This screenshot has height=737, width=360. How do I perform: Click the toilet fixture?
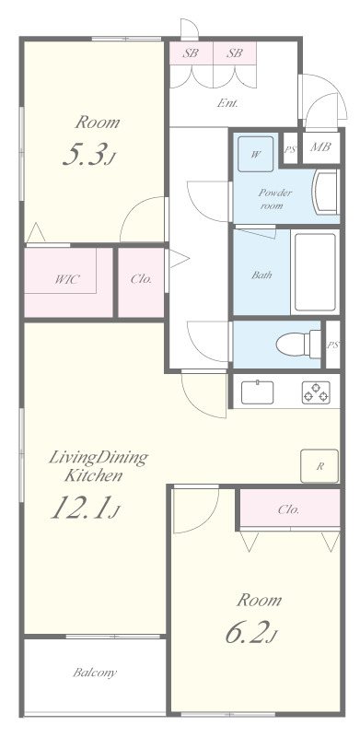pos(298,344)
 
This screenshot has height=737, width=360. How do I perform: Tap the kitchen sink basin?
pos(258,392)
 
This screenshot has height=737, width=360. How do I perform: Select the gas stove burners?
pos(316,392)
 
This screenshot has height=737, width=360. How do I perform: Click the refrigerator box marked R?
pos(319,466)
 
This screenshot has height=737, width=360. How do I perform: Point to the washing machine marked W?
pos(255,154)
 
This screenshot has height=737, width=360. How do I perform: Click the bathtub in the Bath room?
pos(315,272)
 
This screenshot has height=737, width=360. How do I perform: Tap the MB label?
pos(320,147)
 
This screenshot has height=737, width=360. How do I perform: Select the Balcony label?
pos(95,673)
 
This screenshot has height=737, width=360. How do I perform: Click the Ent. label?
pos(227,103)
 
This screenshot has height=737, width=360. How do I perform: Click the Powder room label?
pos(275,199)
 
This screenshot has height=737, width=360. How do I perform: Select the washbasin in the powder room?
pos(325,193)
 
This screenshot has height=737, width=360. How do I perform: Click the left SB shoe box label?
pos(191,53)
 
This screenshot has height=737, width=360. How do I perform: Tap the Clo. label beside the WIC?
pos(142,279)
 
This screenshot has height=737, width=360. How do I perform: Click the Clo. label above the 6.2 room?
pos(288,509)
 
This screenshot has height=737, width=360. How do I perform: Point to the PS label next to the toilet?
pos(332,345)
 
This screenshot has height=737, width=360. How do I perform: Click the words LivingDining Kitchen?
pos(99,465)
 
